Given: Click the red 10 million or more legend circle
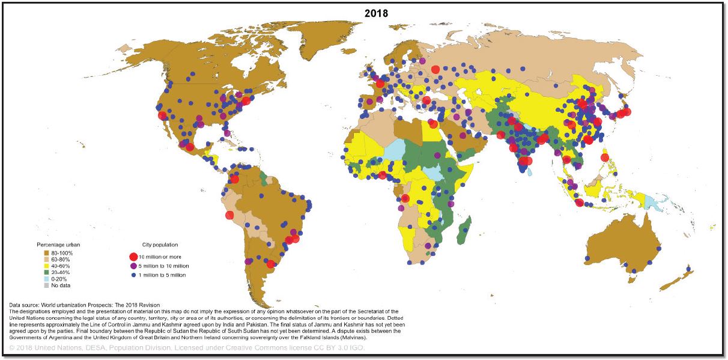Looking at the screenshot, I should pyautogui.click(x=133, y=257).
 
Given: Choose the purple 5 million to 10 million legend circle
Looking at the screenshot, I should pyautogui.click(x=133, y=266).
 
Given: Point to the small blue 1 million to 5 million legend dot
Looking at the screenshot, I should pyautogui.click(x=133, y=275).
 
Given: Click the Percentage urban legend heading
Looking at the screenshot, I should pyautogui.click(x=58, y=245).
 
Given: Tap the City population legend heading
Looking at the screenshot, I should pyautogui.click(x=160, y=245).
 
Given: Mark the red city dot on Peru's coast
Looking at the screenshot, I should pyautogui.click(x=229, y=215).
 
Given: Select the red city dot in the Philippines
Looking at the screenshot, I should pyautogui.click(x=605, y=157).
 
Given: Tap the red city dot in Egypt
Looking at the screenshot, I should pyautogui.click(x=431, y=125).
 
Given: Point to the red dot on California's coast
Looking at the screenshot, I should pyautogui.click(x=162, y=117).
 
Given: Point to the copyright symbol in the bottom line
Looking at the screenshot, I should pyautogui.click(x=13, y=348).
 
